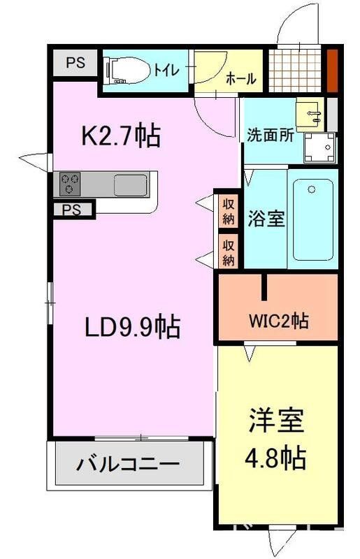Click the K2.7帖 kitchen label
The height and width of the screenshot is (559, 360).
(121, 136)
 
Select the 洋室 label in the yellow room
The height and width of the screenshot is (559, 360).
(276, 423)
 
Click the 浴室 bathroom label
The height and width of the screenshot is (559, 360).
(266, 218)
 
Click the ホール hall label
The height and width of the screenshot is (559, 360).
(240, 79)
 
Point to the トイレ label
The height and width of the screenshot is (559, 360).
(166, 70)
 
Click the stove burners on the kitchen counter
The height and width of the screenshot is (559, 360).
(70, 184)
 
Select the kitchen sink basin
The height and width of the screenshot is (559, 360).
(130, 185)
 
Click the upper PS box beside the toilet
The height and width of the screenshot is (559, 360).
(75, 63)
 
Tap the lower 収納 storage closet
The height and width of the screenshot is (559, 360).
(228, 252)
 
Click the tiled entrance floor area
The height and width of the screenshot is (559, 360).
(298, 68)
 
